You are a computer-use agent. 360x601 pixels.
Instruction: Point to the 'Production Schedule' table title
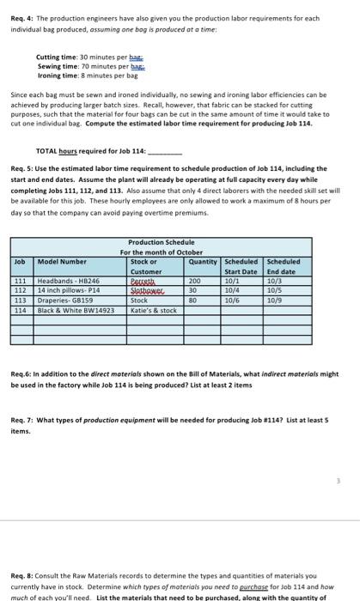click(x=161, y=243)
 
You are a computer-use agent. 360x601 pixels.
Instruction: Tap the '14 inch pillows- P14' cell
click(x=68, y=289)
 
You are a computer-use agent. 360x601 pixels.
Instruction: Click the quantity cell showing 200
click(x=195, y=280)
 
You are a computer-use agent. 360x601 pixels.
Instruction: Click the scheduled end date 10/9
click(x=274, y=300)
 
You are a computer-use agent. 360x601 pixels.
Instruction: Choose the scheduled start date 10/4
click(x=230, y=289)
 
